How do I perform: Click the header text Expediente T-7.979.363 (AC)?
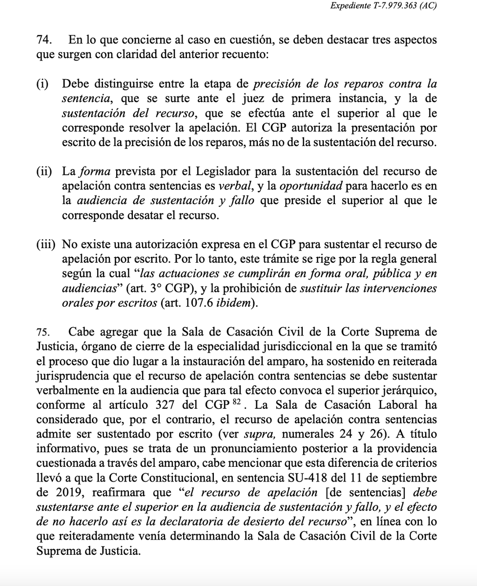[x=383, y=6]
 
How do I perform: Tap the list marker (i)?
[x=42, y=84]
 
